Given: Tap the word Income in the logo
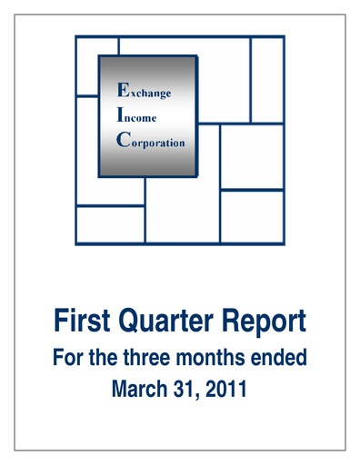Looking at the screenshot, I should (135, 117).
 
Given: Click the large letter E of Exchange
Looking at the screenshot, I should (115, 89).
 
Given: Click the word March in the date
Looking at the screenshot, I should (138, 391).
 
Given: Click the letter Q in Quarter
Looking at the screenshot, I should (133, 321).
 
